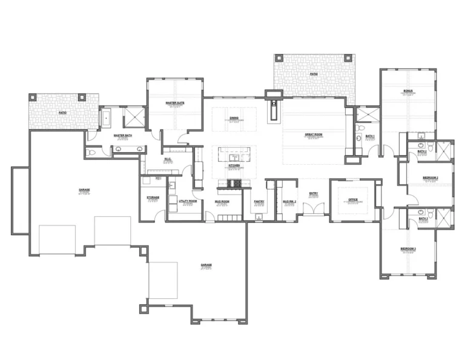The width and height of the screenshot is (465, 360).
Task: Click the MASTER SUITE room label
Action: point(175,104)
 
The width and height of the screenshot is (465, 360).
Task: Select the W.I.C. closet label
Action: point(168,159)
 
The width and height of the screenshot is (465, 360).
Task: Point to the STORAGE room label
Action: point(153,197)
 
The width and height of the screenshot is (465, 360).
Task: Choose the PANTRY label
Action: point(259,201)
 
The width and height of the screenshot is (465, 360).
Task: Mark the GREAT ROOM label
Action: point(313,135)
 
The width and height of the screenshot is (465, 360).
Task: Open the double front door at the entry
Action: point(313,210)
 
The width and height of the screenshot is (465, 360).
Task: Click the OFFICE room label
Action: point(352,199)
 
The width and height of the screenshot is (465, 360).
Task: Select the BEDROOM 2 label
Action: point(430,177)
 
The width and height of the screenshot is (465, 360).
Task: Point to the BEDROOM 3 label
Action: point(407,249)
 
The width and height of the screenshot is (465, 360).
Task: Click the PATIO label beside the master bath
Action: point(62,113)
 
